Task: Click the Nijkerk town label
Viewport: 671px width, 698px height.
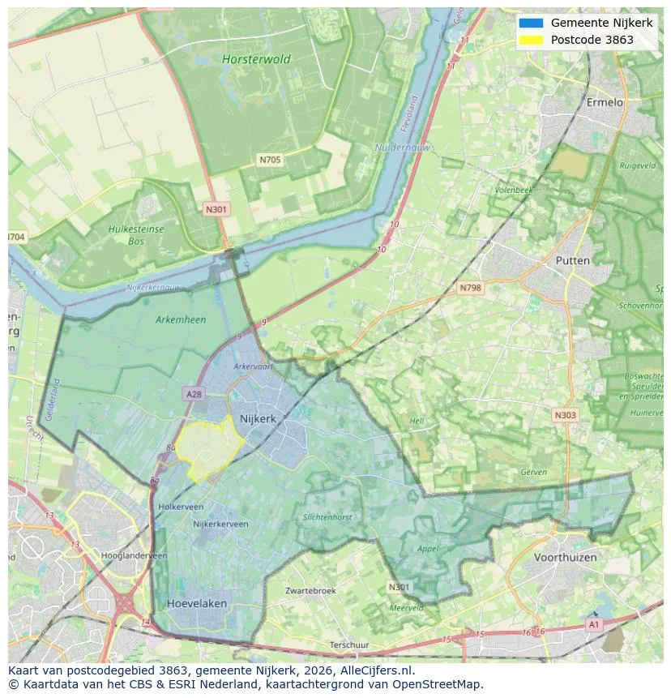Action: click(x=258, y=419)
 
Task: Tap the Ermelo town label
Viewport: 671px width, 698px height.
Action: click(x=605, y=103)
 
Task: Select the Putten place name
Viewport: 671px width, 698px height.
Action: click(x=572, y=260)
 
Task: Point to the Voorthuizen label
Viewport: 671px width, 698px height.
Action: click(x=565, y=558)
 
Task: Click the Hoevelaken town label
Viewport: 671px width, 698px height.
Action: click(x=197, y=604)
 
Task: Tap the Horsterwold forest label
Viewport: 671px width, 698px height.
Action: click(x=256, y=59)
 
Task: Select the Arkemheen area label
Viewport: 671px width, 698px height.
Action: click(x=180, y=319)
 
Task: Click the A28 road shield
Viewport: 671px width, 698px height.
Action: click(x=194, y=394)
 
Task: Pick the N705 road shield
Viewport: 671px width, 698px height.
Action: click(x=270, y=160)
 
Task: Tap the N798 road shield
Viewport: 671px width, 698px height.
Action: click(x=470, y=288)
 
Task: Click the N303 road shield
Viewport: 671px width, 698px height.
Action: click(x=565, y=415)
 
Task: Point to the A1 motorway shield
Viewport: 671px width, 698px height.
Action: click(x=594, y=624)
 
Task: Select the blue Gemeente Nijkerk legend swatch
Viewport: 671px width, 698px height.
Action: click(x=531, y=23)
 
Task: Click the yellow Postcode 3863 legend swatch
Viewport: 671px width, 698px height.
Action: click(x=531, y=40)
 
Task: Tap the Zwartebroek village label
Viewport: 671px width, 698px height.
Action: click(x=310, y=591)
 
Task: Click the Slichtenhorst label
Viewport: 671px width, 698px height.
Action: click(x=327, y=517)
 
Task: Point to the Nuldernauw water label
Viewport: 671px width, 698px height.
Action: click(x=403, y=148)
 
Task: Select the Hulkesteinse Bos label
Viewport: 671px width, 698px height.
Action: click(x=136, y=235)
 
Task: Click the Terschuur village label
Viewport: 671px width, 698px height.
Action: click(x=349, y=645)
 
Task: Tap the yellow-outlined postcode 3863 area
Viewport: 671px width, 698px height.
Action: click(x=207, y=447)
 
